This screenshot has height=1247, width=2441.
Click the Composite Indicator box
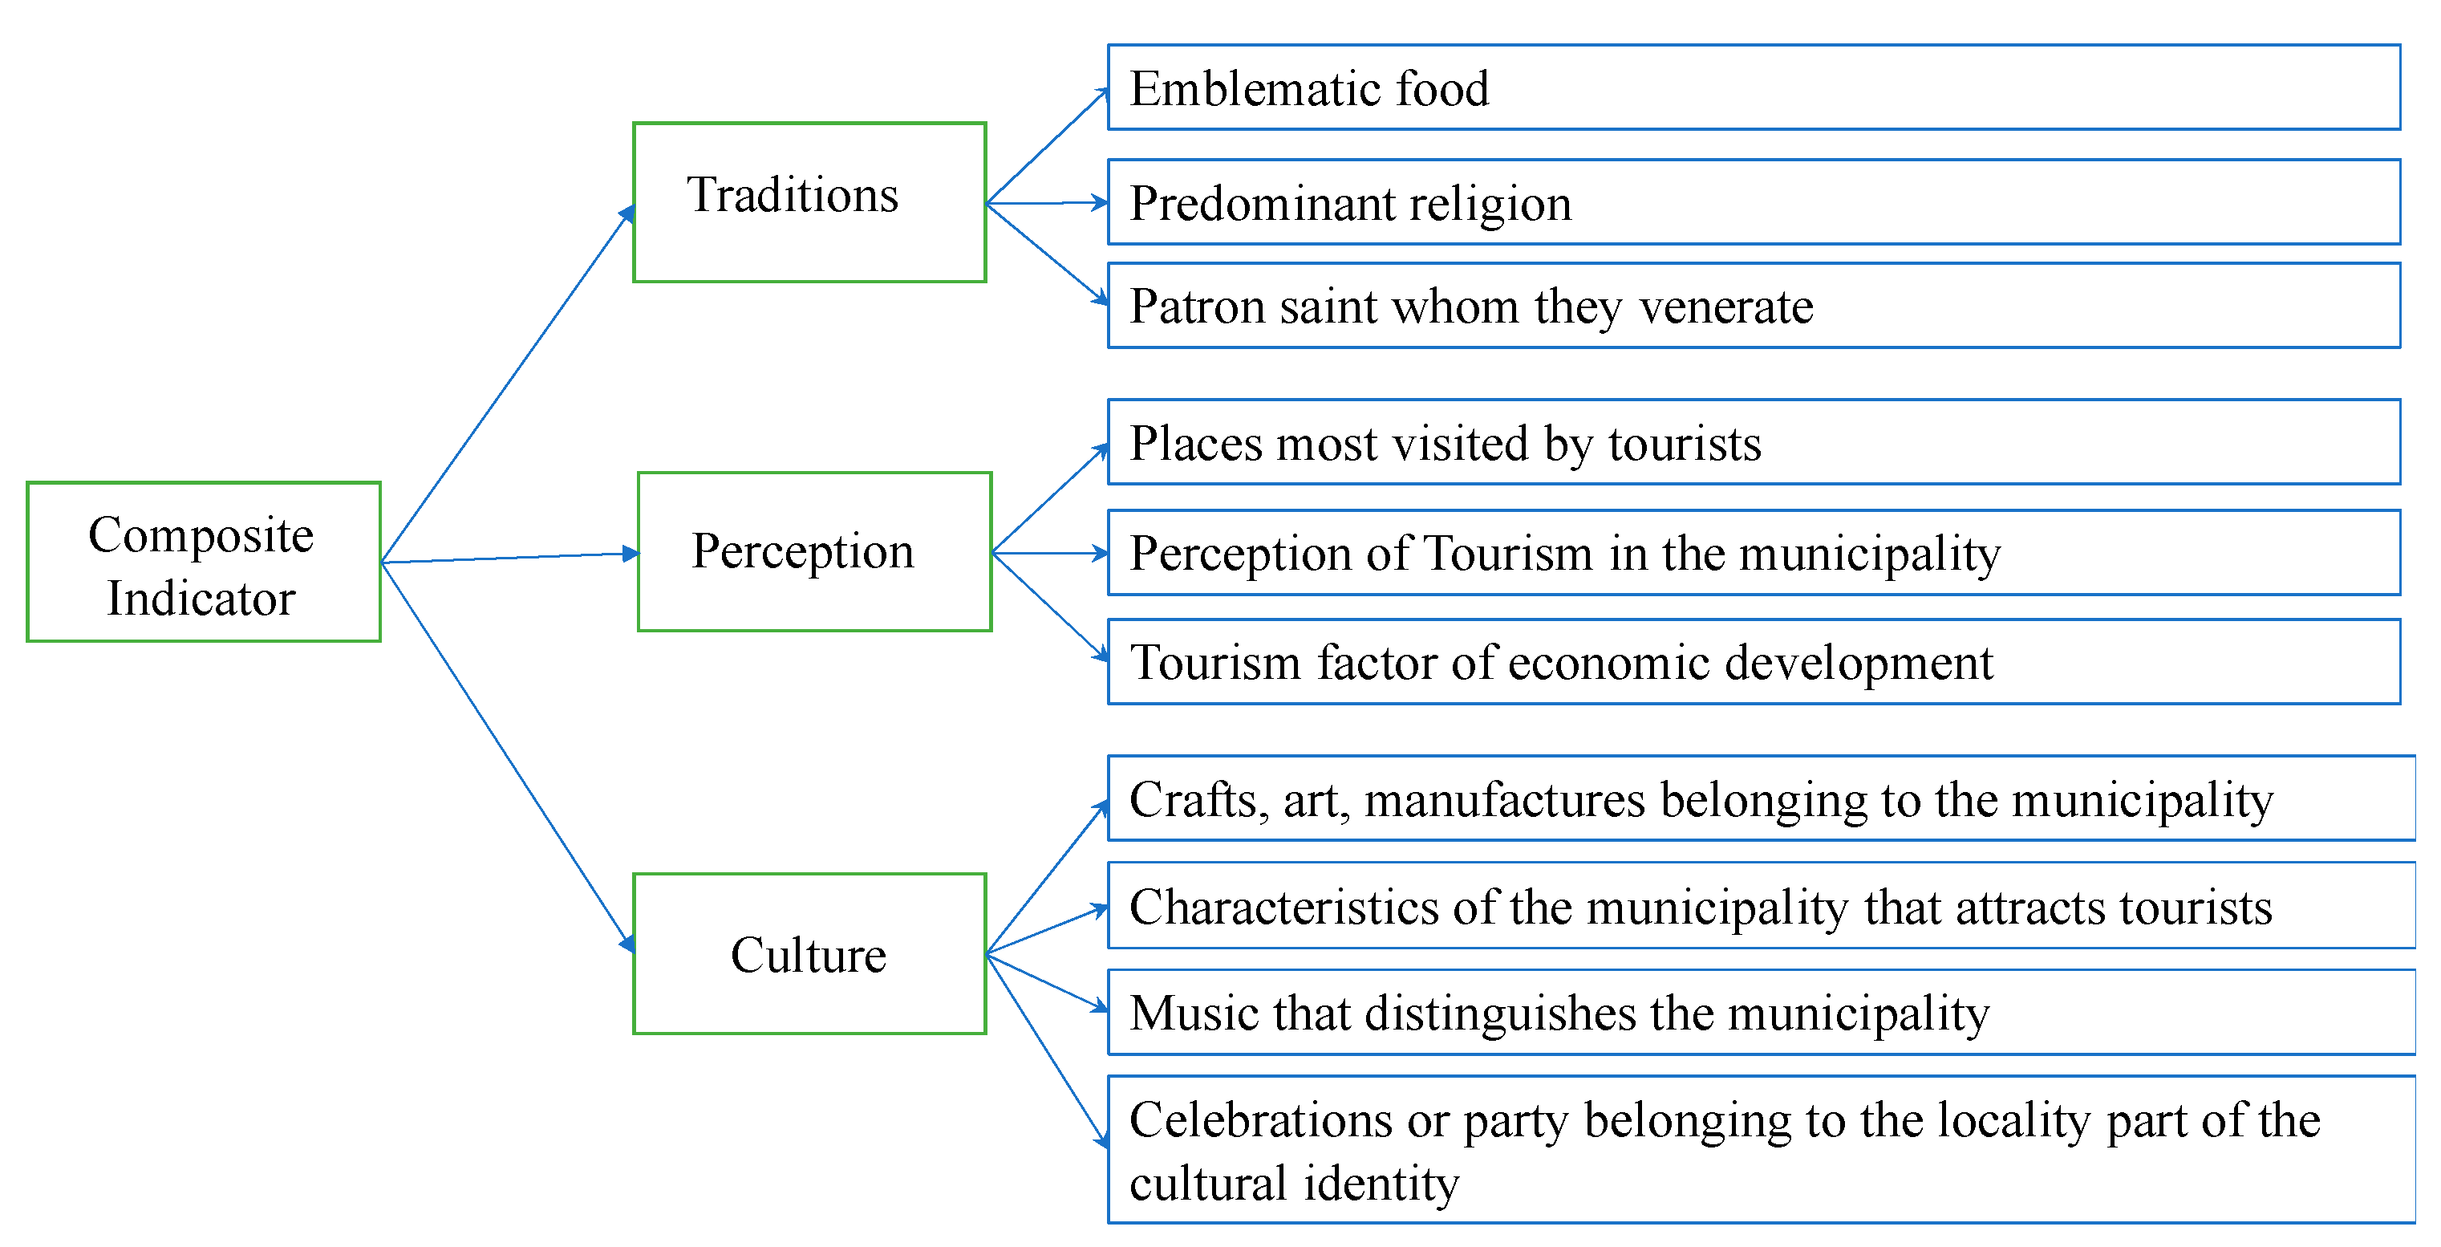pos(204,562)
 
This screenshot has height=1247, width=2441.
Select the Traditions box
pos(809,202)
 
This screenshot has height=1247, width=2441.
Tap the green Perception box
pos(814,551)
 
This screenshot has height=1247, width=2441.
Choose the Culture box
pos(809,953)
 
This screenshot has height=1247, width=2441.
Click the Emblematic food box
pos(1753,87)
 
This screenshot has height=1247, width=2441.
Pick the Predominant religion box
pos(1753,202)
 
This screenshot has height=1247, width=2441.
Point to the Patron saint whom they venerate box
pos(1753,305)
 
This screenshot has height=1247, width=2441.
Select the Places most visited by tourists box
pos(1753,441)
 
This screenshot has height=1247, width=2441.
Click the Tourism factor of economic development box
pos(1753,661)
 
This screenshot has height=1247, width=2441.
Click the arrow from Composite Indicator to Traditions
pos(507,384)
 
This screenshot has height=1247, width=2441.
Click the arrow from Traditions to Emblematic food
pos(1047,145)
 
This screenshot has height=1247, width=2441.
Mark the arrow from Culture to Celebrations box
pos(1047,1050)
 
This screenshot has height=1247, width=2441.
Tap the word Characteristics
pos(1284,907)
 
